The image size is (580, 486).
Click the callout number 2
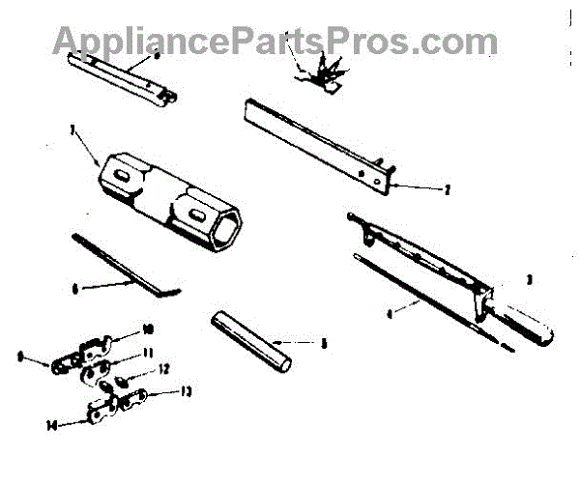point(447,191)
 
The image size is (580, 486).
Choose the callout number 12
point(165,368)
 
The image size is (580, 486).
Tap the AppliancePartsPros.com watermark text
point(275,40)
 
